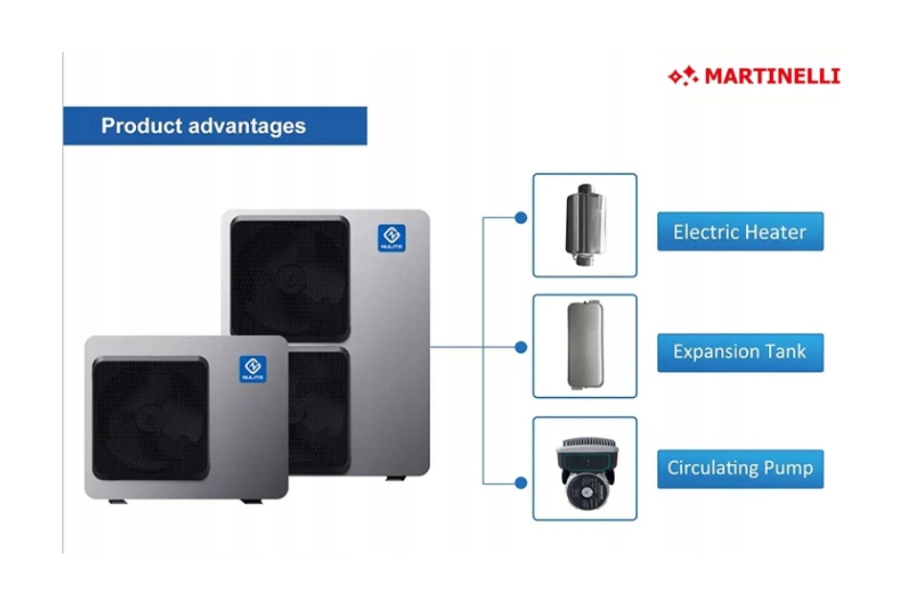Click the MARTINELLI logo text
[x=772, y=76]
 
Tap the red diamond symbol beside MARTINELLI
[x=683, y=75]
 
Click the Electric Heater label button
[x=739, y=231]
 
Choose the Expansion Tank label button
[x=739, y=351]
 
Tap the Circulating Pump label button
[x=739, y=469]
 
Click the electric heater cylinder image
[x=583, y=224]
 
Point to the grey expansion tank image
[x=583, y=345]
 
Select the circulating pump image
[x=584, y=468]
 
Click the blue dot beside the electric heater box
[x=521, y=218]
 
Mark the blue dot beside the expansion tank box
[x=521, y=347]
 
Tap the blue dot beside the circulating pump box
[x=521, y=484]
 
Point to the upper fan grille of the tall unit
[x=289, y=277]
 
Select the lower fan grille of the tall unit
[x=319, y=411]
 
